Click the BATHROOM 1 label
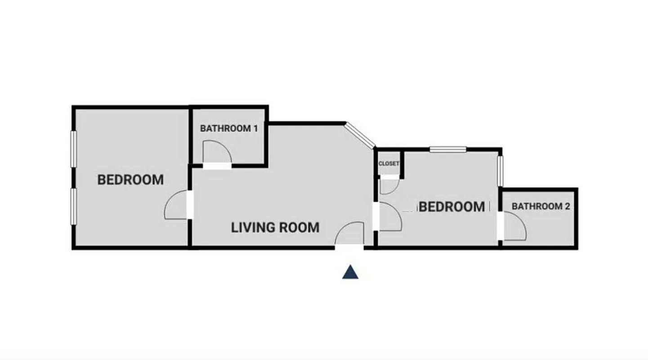pyautogui.click(x=229, y=128)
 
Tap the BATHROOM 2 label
pyautogui.click(x=541, y=207)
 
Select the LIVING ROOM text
pyautogui.click(x=275, y=228)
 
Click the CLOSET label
pyautogui.click(x=389, y=164)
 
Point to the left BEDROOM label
pyautogui.click(x=130, y=180)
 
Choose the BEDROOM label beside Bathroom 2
pyautogui.click(x=452, y=207)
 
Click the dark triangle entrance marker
pyautogui.click(x=350, y=272)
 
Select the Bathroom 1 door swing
pyautogui.click(x=217, y=153)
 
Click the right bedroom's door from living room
pyautogui.click(x=389, y=217)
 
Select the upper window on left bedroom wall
pyautogui.click(x=73, y=149)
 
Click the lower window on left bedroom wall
pyautogui.click(x=73, y=206)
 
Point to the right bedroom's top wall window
pyautogui.click(x=448, y=149)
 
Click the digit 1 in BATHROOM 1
pyautogui.click(x=255, y=128)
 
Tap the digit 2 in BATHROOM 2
pyautogui.click(x=567, y=207)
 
